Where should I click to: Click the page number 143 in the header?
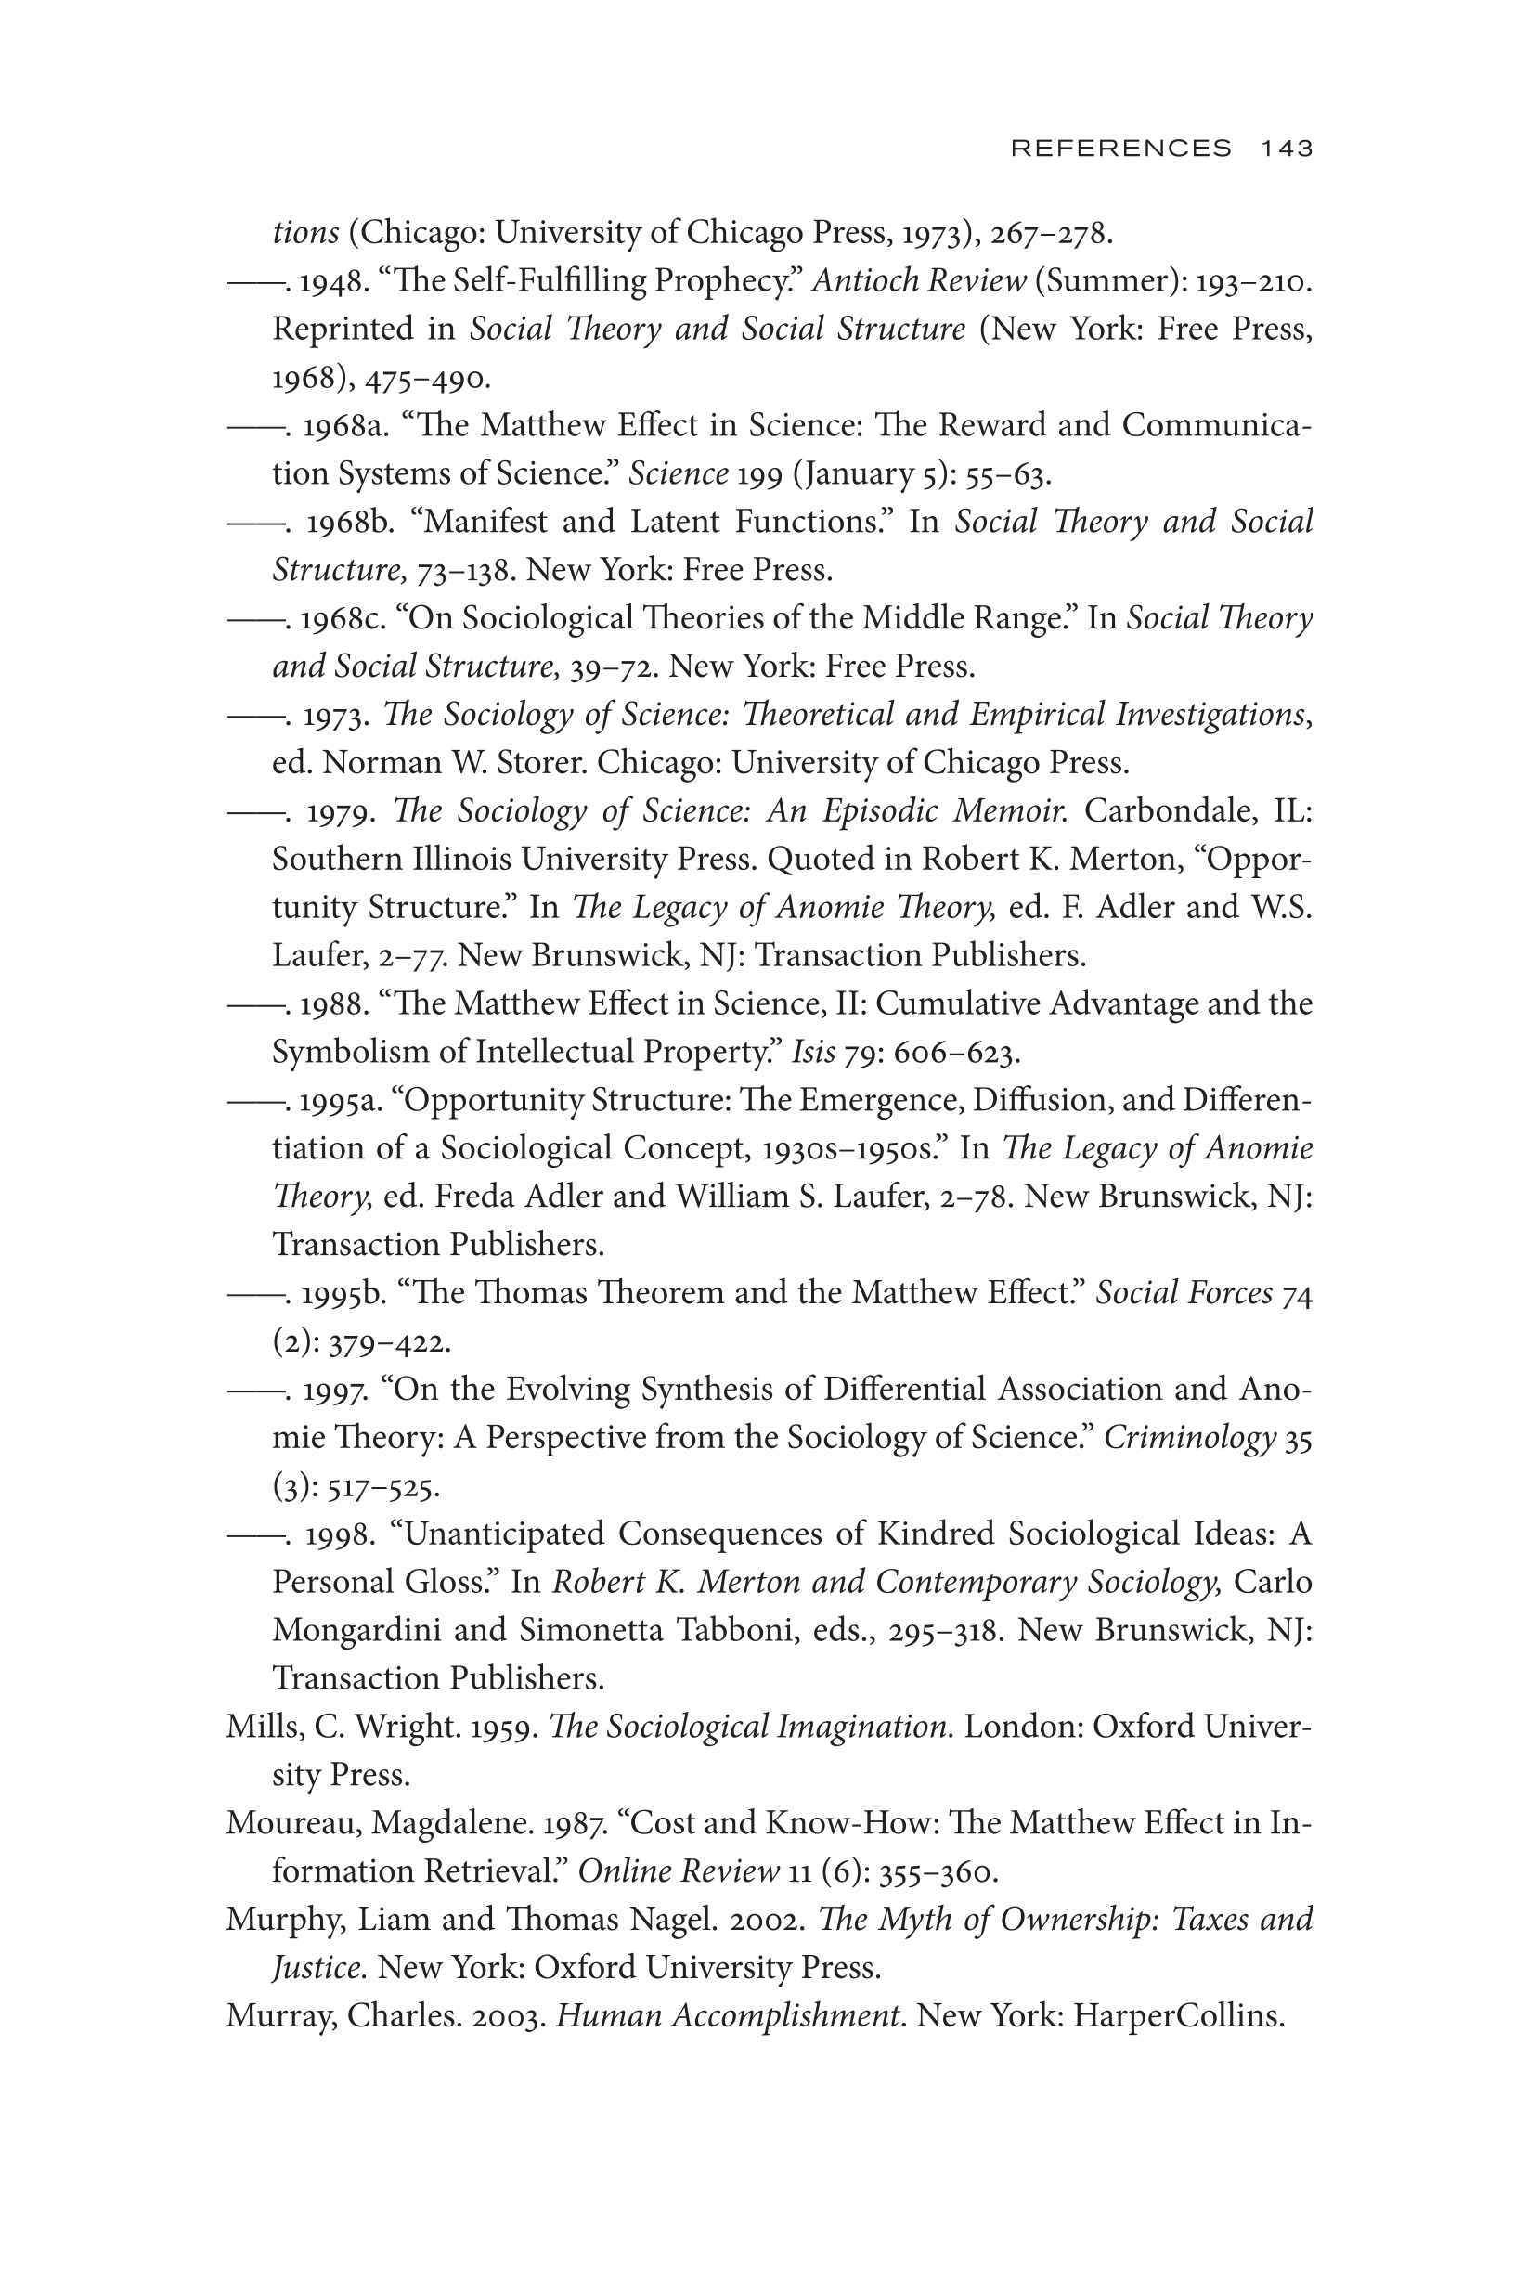1287,148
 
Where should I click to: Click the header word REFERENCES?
1121,148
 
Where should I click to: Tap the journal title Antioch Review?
918,281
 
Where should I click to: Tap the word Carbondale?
1170,811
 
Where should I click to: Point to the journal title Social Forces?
1184,1293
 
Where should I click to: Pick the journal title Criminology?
1189,1438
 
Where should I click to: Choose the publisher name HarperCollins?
1177,2015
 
